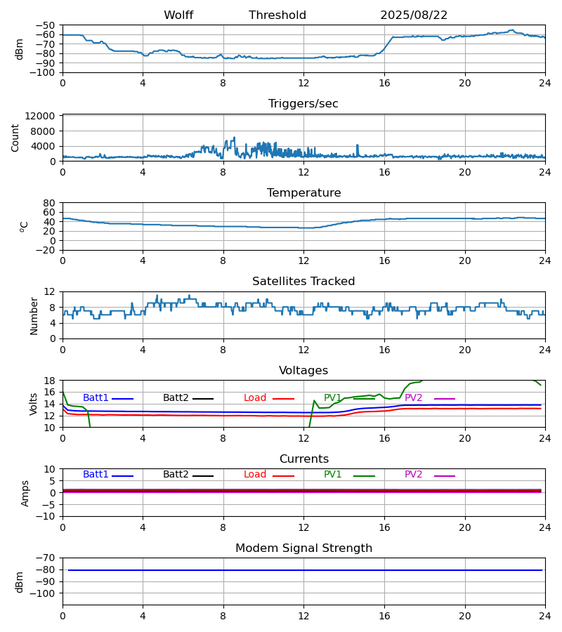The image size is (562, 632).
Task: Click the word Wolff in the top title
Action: coord(178,15)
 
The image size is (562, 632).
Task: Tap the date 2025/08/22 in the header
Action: coord(414,15)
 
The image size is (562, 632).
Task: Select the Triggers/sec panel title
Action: coord(303,104)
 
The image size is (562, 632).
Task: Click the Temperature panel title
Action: coord(303,193)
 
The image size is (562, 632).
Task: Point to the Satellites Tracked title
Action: coord(303,282)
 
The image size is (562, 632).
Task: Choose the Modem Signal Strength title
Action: coord(303,548)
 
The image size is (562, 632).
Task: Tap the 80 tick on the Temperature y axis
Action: coord(50,203)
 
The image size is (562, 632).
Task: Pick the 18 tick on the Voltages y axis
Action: coord(50,381)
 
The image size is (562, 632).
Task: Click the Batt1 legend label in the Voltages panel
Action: coord(96,398)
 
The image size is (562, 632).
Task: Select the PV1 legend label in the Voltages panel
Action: coord(332,398)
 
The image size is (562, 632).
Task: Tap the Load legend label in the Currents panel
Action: coord(255,475)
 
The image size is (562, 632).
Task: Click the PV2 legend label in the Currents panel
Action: coord(413,475)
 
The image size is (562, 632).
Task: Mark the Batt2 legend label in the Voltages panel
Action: coord(176,398)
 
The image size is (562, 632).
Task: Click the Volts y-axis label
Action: coord(34,404)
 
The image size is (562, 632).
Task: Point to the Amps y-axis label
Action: coord(25,493)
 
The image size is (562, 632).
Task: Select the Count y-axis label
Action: coord(15,138)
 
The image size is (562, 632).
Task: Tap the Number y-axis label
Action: coord(34,315)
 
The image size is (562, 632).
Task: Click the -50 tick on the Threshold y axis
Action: coord(46,25)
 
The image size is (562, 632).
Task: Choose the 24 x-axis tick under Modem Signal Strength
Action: coord(545,616)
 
